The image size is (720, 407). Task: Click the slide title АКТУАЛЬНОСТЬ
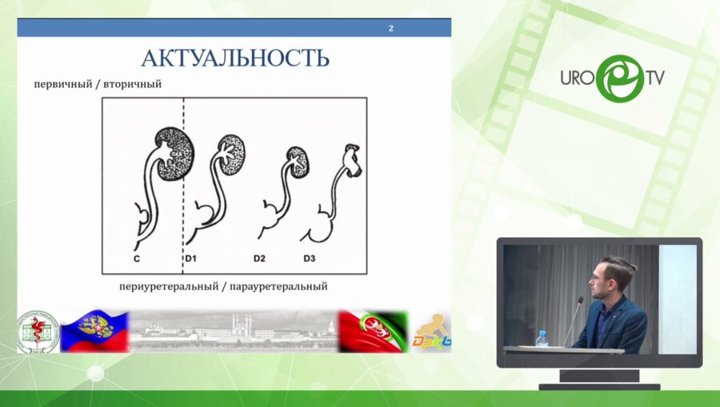point(234,58)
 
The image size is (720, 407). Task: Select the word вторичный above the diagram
point(133,84)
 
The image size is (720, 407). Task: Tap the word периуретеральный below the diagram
point(166,285)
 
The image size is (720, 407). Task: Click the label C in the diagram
point(138,258)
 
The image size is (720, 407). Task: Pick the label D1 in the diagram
point(191,258)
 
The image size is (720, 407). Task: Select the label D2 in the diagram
point(259,258)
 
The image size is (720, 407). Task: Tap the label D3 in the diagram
point(310,258)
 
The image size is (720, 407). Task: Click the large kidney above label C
point(174,153)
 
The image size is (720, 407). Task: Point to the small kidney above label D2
point(297,161)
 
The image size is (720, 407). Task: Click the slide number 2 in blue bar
point(391,29)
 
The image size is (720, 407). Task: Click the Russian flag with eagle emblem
point(94,332)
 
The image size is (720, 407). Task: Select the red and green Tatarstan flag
point(373,332)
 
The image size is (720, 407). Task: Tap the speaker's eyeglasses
point(598,278)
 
